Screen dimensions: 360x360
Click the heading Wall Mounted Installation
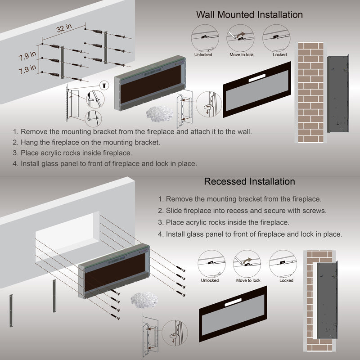249,14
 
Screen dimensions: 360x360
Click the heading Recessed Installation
249,181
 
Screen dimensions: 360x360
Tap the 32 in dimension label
64,28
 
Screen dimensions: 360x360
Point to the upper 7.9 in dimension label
27,57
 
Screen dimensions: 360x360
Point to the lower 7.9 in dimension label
27,71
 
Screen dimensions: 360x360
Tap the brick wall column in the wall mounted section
310,92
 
